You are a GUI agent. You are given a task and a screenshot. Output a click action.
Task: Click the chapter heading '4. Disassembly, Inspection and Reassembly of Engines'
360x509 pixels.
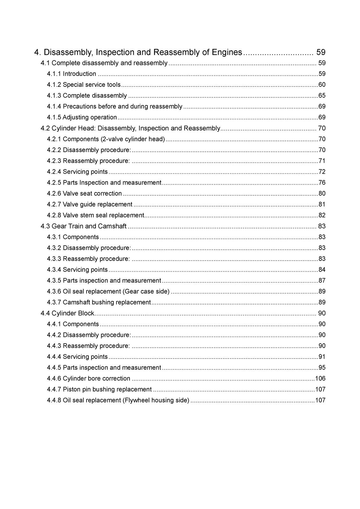(x=138, y=52)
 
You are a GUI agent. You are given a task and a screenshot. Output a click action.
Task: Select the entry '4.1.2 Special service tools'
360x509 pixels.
(x=84, y=85)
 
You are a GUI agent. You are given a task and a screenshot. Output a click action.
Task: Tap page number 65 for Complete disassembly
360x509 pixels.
(x=322, y=95)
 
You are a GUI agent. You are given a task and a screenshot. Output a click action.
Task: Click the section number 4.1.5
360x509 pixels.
(x=54, y=117)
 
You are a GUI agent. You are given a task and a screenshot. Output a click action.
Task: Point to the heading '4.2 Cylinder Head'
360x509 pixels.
(x=130, y=128)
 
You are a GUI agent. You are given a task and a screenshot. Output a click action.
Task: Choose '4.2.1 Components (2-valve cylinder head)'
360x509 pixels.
(x=106, y=139)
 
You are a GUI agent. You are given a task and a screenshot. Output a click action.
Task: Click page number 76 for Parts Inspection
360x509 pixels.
(x=322, y=183)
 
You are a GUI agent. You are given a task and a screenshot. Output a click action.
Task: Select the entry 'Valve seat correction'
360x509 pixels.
(x=92, y=193)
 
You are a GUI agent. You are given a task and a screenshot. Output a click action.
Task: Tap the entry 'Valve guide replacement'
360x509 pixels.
(x=97, y=204)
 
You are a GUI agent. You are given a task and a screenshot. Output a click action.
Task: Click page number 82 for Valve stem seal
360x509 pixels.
(x=322, y=215)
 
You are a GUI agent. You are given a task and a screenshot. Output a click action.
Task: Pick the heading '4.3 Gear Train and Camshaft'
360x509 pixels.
(x=83, y=226)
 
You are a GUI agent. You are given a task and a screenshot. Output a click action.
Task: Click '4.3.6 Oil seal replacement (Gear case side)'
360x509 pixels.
(x=108, y=291)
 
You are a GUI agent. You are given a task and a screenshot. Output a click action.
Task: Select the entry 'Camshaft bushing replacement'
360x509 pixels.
(x=107, y=302)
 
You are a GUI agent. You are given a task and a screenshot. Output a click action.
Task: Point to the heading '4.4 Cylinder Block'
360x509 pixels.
(x=67, y=313)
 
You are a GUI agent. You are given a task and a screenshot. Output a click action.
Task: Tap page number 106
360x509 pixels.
(x=320, y=379)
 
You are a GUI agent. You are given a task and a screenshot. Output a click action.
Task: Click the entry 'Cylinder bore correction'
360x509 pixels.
(x=96, y=379)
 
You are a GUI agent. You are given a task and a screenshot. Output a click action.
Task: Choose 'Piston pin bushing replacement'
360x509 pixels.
(x=107, y=389)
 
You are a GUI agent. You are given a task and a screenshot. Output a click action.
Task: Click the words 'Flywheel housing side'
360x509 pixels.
(x=156, y=400)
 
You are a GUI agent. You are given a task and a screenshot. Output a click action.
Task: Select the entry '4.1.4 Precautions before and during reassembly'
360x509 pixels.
(x=115, y=107)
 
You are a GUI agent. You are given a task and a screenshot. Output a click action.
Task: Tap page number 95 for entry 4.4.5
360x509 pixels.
(x=322, y=368)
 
